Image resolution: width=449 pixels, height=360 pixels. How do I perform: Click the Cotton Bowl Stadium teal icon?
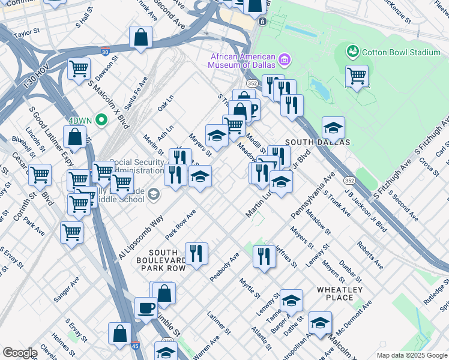click(352, 52)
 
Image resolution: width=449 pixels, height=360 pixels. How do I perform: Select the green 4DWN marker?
click(101, 120)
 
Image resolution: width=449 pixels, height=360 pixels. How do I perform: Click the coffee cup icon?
click(145, 308)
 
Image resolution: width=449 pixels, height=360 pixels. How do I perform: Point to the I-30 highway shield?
click(105, 52)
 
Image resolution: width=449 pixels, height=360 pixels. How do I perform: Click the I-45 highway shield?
click(135, 346)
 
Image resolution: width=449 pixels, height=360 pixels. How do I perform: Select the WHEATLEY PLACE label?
click(340, 293)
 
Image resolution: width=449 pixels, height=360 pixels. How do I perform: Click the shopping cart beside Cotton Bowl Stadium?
click(357, 75)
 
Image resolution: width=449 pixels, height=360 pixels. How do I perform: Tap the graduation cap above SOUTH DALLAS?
click(333, 127)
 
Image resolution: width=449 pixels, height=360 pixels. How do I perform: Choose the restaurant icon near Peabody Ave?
click(196, 253)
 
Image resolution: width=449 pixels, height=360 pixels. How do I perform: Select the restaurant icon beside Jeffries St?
click(264, 256)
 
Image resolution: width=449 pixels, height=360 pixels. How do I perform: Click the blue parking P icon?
click(252, 110)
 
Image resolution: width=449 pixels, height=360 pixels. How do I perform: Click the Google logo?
click(20, 353)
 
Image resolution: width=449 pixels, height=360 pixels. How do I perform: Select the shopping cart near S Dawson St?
click(79, 69)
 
